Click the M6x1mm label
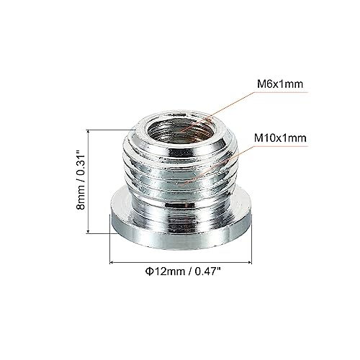277,84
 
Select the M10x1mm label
280,137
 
